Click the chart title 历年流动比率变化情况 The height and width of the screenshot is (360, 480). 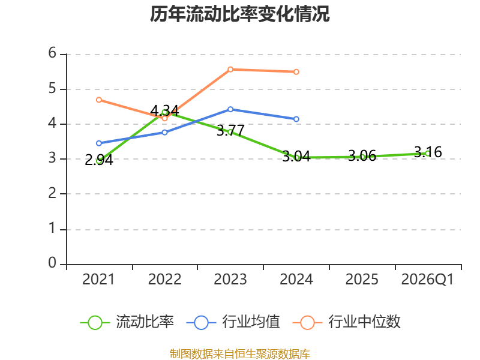pos(239,14)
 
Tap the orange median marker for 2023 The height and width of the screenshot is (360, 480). pos(230,70)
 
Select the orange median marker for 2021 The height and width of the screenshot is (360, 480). pos(99,100)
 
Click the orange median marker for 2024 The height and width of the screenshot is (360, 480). pos(296,72)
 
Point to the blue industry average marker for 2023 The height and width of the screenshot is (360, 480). pos(230,109)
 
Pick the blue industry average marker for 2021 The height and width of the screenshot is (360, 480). pos(99,143)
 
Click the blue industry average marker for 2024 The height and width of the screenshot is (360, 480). pos(296,119)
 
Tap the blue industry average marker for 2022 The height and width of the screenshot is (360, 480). pos(164,132)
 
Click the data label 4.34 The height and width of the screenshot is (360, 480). pos(164,110)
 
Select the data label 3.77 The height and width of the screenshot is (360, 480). pos(230,131)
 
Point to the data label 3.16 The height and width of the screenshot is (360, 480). pos(428,152)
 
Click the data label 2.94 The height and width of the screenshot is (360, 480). pos(99,160)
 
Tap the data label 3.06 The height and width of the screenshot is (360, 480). pos(362,156)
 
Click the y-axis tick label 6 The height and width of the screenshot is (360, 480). pos(52,53)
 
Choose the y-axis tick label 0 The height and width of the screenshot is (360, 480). pos(52,263)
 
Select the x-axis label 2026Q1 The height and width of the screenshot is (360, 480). pos(427,280)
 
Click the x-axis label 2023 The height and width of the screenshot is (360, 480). pos(230,280)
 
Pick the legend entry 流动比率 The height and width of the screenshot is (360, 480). pos(127,322)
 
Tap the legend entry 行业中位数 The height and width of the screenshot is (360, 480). pos(347,322)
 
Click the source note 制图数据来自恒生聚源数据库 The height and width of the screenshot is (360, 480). pos(240,354)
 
